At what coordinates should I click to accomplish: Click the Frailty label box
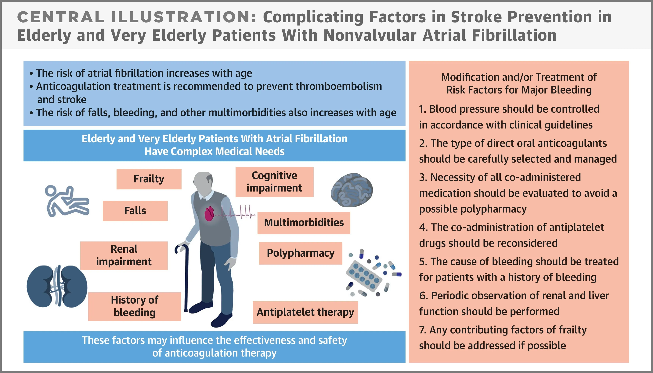point(149,179)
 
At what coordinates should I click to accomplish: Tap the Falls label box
point(135,211)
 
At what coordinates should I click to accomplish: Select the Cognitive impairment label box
point(274,182)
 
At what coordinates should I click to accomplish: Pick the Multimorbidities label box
point(304,223)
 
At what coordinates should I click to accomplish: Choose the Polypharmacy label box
point(301,253)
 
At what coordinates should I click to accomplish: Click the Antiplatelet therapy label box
point(305,312)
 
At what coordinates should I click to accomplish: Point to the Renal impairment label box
point(124,255)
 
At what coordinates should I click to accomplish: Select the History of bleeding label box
point(135,306)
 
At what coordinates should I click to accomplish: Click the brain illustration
point(352,190)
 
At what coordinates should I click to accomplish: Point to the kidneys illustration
point(57,286)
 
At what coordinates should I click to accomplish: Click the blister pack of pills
point(364,276)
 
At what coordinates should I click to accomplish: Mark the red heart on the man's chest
point(210,214)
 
